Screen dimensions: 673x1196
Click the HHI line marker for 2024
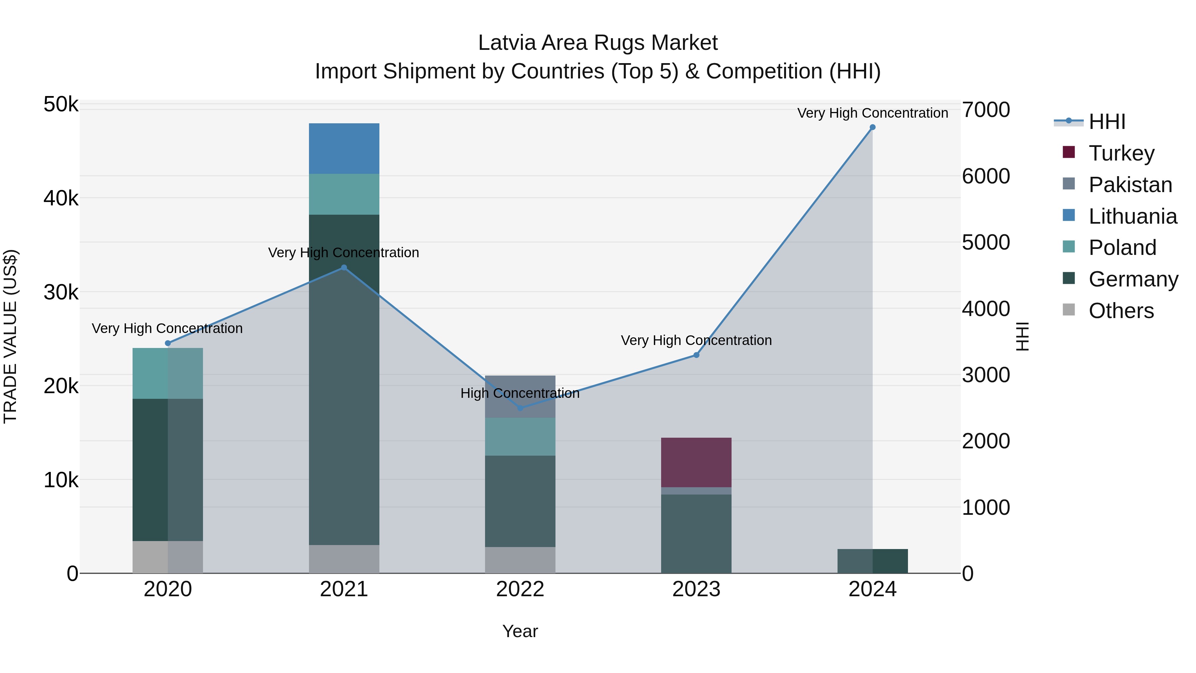(872, 127)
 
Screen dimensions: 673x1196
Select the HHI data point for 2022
(520, 408)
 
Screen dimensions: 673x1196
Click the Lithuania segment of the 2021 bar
(344, 149)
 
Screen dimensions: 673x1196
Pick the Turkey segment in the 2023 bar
(696, 462)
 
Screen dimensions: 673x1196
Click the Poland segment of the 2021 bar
(344, 194)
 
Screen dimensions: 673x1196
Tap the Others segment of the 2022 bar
(520, 560)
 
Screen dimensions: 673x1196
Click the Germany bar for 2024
(872, 561)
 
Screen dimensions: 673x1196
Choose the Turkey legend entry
(1121, 153)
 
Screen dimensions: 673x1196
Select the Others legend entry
(1121, 311)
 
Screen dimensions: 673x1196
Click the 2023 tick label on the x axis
(696, 589)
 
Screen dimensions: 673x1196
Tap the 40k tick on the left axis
(61, 198)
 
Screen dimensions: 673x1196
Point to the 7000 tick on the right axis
(986, 110)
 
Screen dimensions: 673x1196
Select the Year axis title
(520, 631)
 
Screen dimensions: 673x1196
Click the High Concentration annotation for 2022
(520, 393)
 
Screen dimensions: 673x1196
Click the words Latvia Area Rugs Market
(598, 43)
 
